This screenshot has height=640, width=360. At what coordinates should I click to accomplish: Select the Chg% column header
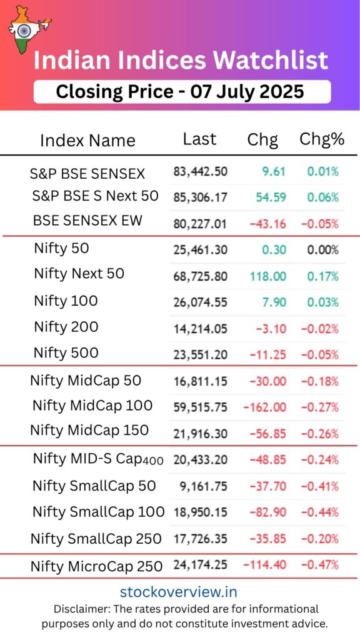coord(322,139)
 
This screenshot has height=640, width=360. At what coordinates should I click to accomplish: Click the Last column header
coord(199,139)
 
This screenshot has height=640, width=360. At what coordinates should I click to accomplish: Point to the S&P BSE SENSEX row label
coord(87,174)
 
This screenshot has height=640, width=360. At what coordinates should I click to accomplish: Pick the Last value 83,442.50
coord(200,171)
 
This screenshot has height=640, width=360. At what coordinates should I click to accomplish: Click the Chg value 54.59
coord(271,197)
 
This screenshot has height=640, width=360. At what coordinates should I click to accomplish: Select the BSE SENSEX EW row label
coord(87,221)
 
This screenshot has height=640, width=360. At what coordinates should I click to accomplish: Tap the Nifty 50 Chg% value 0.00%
coord(322,250)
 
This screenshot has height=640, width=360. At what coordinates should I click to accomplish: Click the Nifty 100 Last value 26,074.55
coord(200,302)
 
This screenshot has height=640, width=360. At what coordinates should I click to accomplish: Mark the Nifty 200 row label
coord(66,327)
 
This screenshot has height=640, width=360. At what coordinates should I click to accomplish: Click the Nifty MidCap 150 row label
coord(89,431)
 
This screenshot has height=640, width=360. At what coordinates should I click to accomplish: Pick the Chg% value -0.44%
coord(320,512)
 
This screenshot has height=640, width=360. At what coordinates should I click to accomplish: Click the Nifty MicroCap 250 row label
coord(96,567)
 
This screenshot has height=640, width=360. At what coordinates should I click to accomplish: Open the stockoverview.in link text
coord(179,591)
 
